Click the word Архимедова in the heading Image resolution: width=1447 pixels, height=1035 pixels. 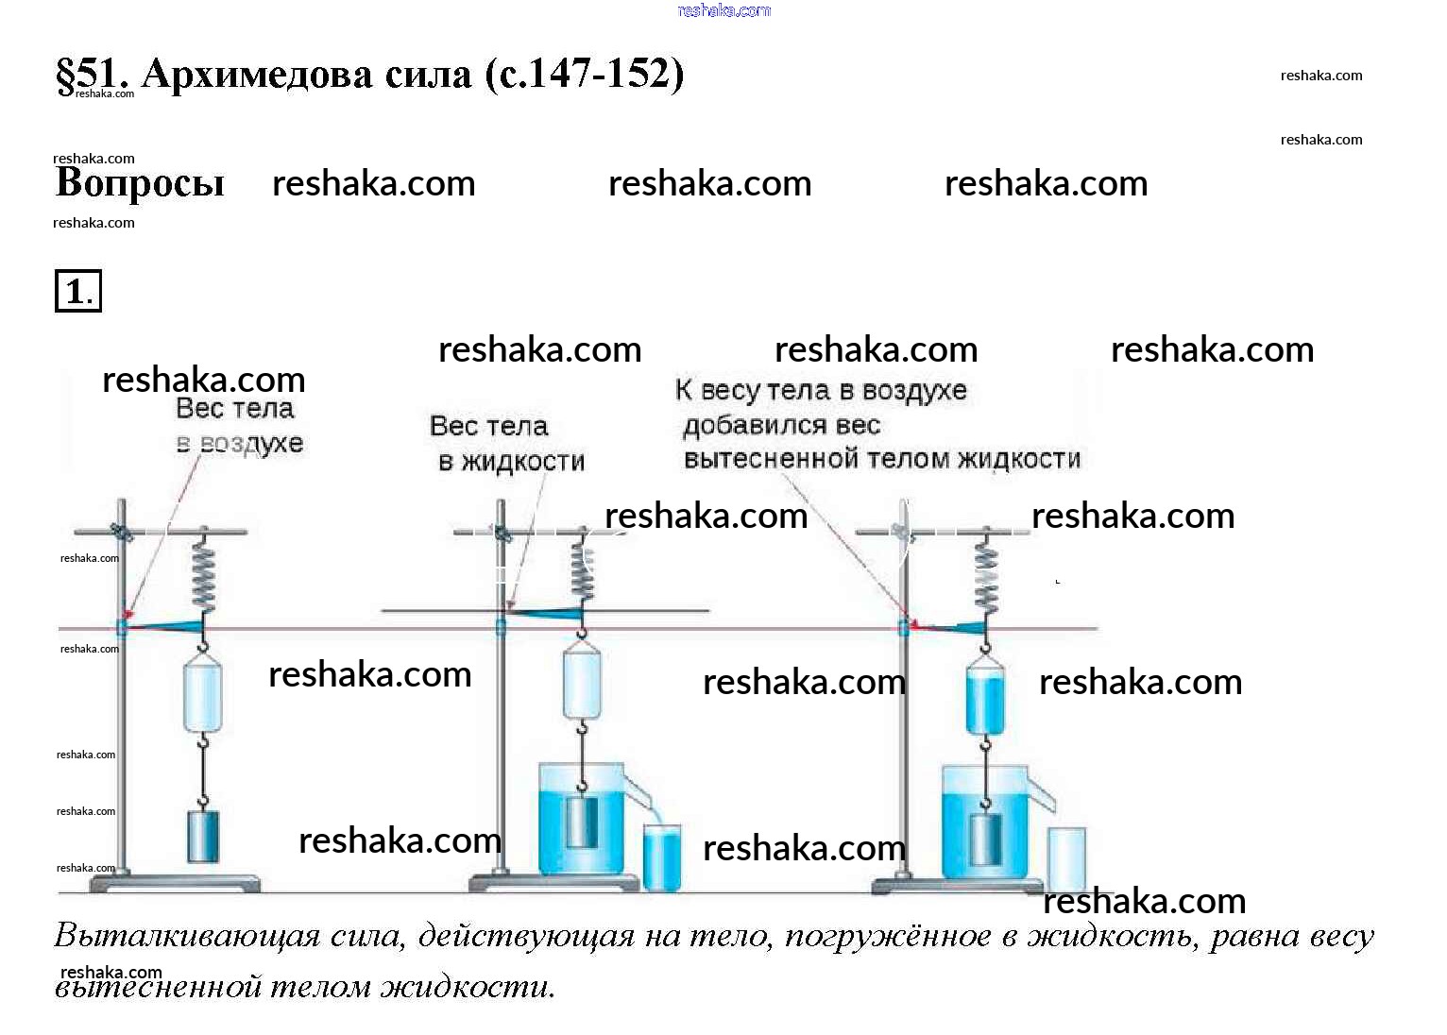coord(305,74)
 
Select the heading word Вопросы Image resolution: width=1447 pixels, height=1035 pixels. coord(140,182)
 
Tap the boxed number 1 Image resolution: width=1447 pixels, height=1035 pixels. coord(77,291)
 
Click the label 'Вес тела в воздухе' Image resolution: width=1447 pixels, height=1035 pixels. coord(238,426)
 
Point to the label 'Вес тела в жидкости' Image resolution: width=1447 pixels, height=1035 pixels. coord(506,443)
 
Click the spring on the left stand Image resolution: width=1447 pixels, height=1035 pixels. coord(203,575)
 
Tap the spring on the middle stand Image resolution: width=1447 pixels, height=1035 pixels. coord(582,569)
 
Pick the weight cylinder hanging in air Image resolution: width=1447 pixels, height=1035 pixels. coord(203,836)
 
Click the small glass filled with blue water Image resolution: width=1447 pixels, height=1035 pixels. coord(661,858)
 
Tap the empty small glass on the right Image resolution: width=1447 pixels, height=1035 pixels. coord(1066,857)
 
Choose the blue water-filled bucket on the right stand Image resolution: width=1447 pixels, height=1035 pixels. coord(985,700)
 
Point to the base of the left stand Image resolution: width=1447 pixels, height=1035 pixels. coord(175,884)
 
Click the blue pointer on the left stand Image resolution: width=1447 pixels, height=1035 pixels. coord(165,625)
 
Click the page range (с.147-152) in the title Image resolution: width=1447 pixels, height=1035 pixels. coord(585,74)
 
